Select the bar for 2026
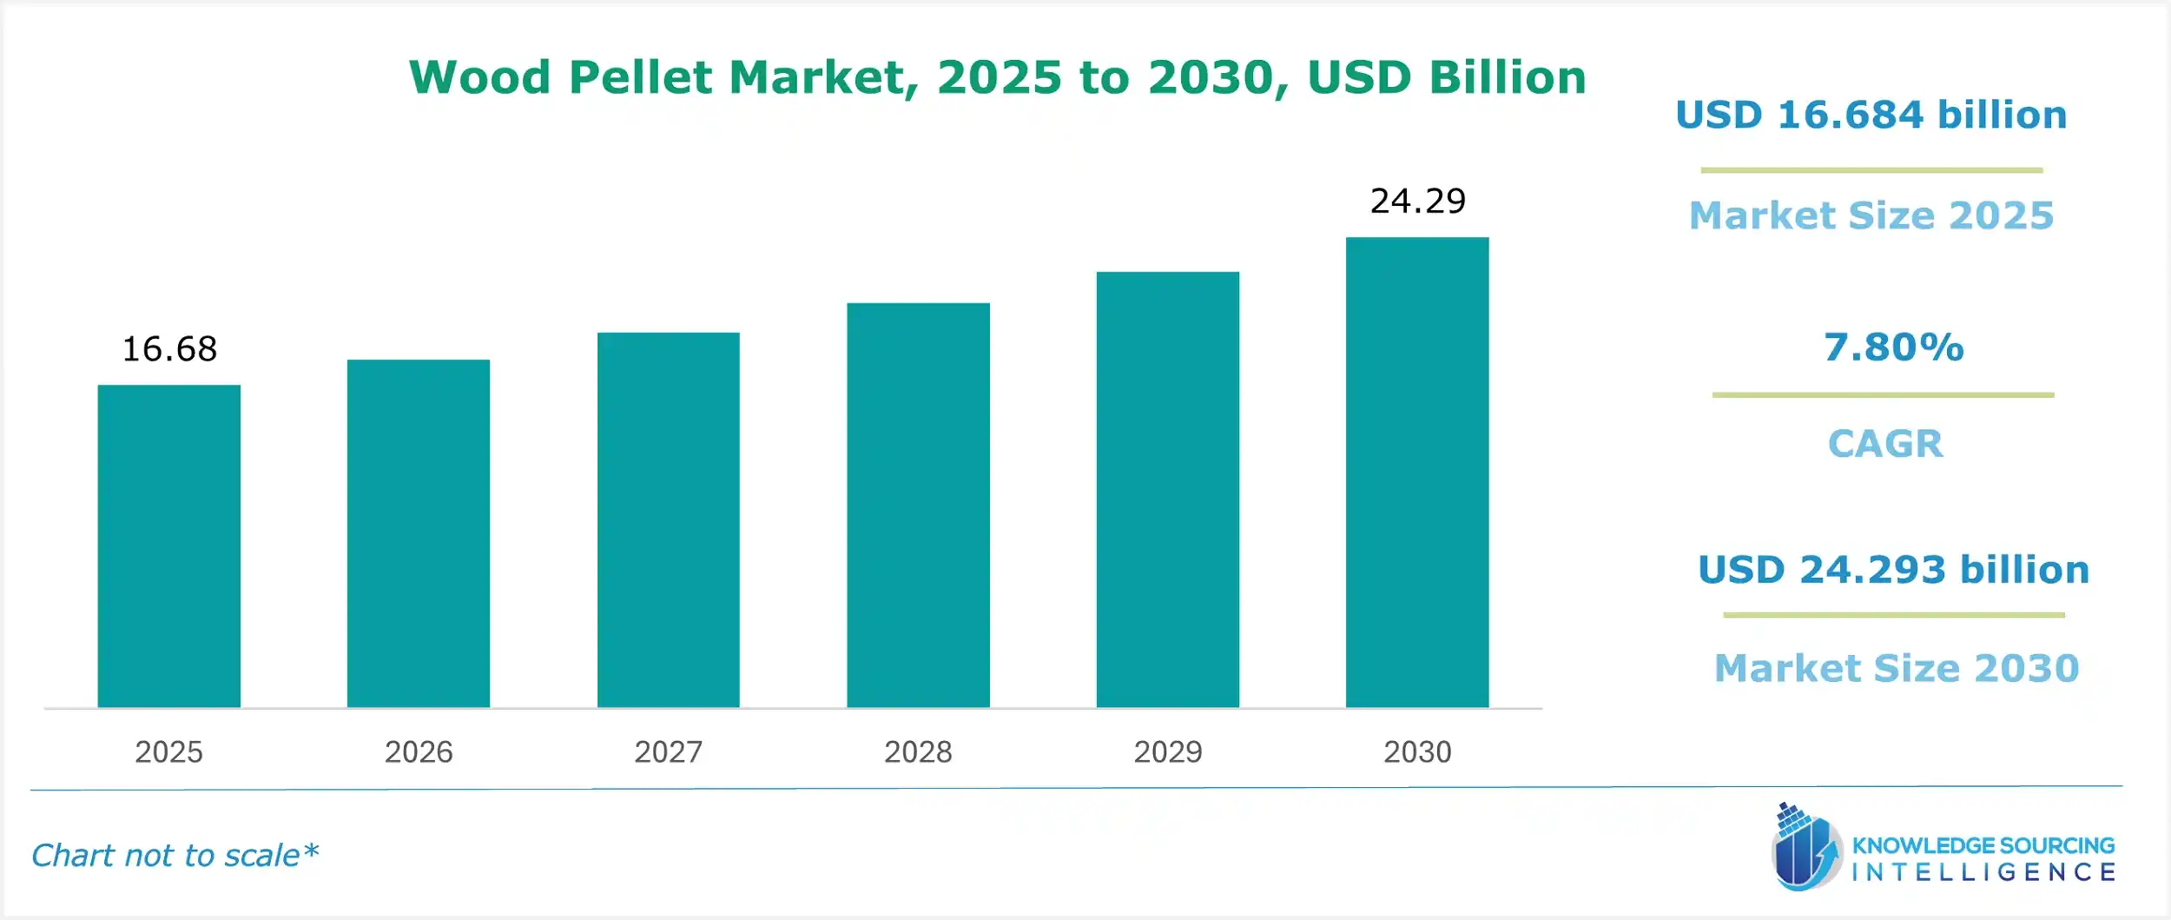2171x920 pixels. tap(418, 533)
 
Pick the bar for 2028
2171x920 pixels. tap(918, 505)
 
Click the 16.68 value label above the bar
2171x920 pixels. tap(169, 349)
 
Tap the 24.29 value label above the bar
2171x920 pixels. tap(1418, 202)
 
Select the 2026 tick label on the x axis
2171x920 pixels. tap(419, 751)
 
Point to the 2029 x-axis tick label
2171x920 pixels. tap(1168, 751)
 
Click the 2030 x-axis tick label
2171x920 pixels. tap(1417, 751)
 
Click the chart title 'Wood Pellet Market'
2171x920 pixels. tap(997, 77)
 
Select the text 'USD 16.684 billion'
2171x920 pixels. tap(1871, 116)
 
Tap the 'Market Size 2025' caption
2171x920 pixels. tap(1871, 215)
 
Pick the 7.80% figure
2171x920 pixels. tap(1893, 347)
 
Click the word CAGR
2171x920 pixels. tap(1885, 444)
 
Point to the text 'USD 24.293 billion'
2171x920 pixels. tap(1893, 570)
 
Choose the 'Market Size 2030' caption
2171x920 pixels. tap(1897, 668)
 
